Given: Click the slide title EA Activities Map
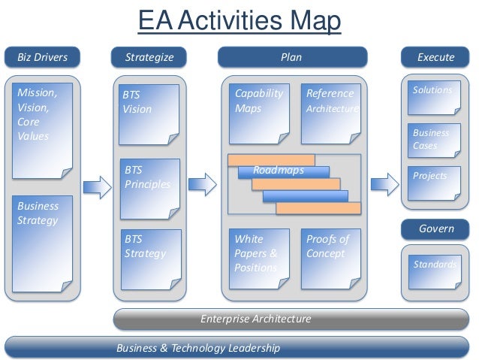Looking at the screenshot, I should pyautogui.click(x=239, y=21).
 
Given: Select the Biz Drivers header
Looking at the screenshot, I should pyautogui.click(x=42, y=57).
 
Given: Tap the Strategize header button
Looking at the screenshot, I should pyautogui.click(x=149, y=57).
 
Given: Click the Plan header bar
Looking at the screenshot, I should pyautogui.click(x=292, y=57).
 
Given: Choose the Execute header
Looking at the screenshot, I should pyautogui.click(x=435, y=57).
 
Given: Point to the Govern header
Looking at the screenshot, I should pyautogui.click(x=435, y=228).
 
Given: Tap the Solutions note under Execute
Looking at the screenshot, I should pyautogui.click(x=433, y=100).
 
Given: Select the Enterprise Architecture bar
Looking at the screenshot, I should pyautogui.click(x=255, y=319).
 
